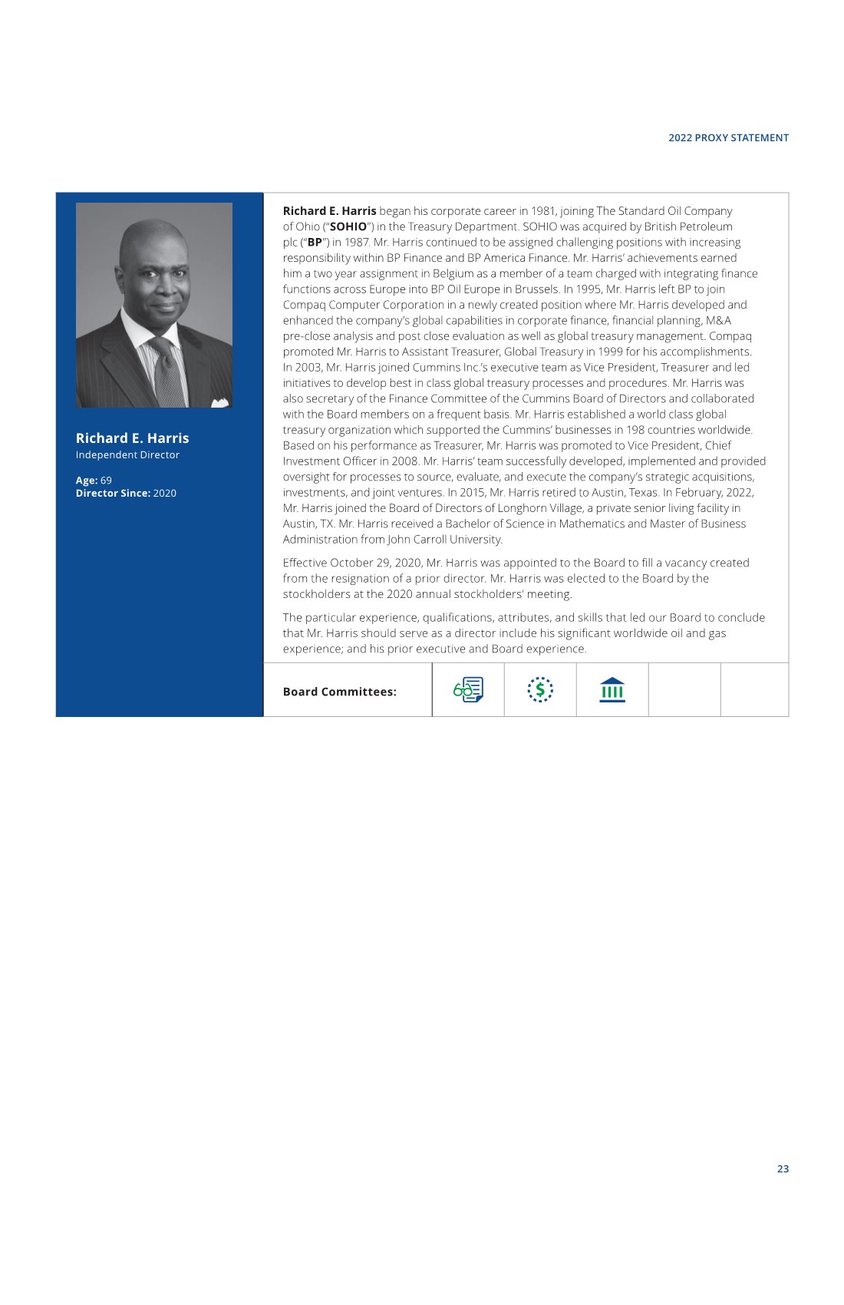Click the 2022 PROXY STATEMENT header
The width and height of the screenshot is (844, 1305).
click(x=728, y=138)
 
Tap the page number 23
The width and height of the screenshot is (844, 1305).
click(x=783, y=1168)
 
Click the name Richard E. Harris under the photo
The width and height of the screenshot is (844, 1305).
click(x=132, y=438)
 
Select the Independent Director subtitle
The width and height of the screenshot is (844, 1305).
click(x=127, y=455)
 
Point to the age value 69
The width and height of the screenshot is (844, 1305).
click(x=106, y=481)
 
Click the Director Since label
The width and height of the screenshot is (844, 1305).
click(x=113, y=494)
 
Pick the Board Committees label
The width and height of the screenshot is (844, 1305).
click(x=339, y=692)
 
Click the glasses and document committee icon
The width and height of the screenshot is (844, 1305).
click(x=468, y=689)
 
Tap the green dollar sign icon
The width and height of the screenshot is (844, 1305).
click(x=540, y=689)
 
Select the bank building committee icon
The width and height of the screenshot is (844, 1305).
click(x=612, y=689)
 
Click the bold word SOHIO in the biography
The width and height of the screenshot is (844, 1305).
click(x=348, y=226)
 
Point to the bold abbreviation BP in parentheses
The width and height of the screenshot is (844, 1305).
click(x=315, y=243)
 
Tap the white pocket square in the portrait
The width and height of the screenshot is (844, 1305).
click(x=220, y=401)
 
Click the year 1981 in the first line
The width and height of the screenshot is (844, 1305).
click(x=543, y=211)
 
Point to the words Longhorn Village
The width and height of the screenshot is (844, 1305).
click(x=536, y=508)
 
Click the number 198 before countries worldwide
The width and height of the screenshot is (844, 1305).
click(x=636, y=430)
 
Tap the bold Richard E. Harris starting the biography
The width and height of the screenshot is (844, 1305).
click(x=329, y=211)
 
